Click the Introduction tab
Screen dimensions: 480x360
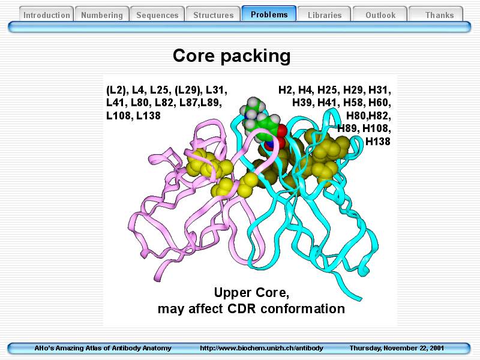click(x=47, y=14)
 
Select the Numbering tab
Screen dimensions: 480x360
click(x=102, y=14)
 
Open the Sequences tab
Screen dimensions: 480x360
click(x=157, y=14)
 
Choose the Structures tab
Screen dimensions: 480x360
click(x=214, y=14)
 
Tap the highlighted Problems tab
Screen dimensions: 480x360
click(x=269, y=14)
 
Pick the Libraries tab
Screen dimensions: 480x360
click(x=325, y=14)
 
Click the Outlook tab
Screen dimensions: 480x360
click(x=380, y=14)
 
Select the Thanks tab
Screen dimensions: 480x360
click(x=439, y=14)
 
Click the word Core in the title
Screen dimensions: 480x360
click(x=193, y=56)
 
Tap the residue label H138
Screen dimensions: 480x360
click(x=378, y=142)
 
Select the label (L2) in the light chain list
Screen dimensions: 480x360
click(x=117, y=90)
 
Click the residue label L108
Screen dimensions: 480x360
click(x=118, y=116)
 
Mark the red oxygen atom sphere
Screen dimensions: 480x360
click(x=281, y=130)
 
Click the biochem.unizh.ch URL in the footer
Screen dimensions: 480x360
click(x=262, y=348)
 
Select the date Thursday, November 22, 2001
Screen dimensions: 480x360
click(x=397, y=348)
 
